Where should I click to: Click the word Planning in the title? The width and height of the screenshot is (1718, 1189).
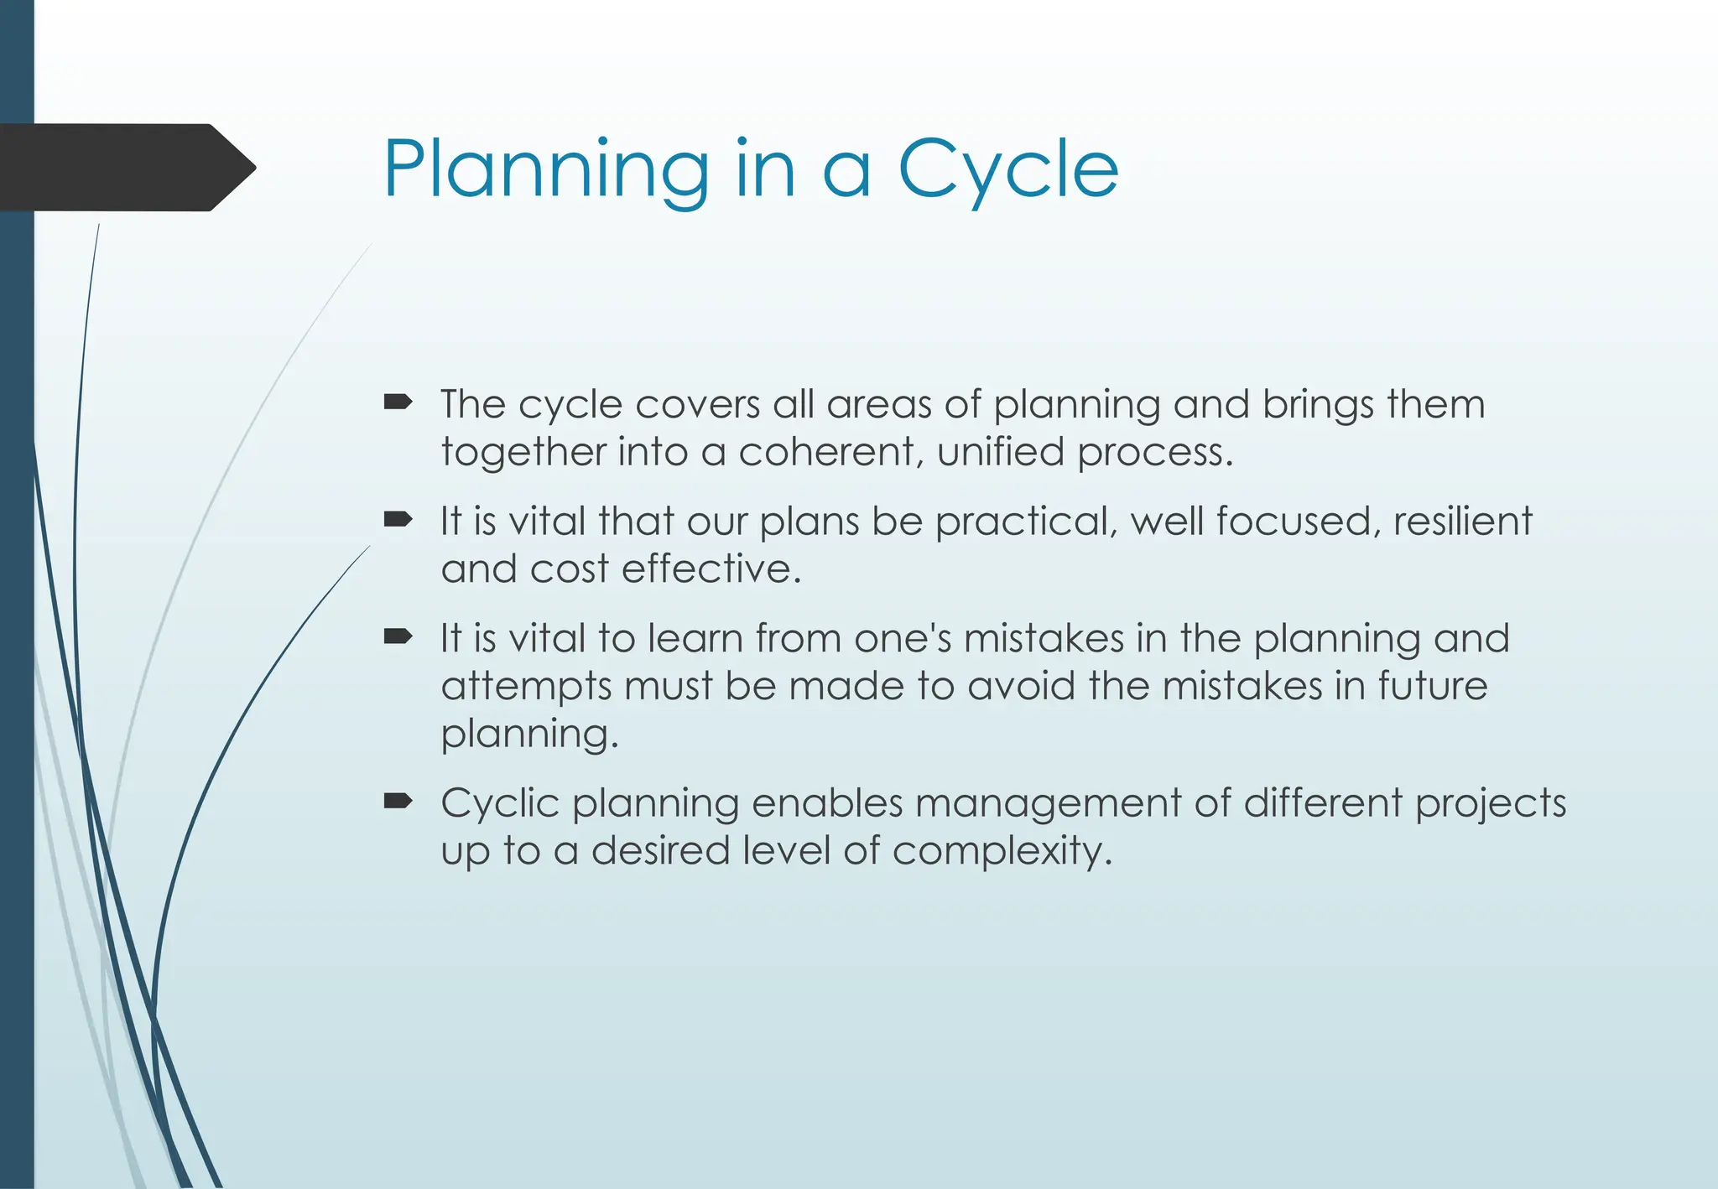tap(546, 169)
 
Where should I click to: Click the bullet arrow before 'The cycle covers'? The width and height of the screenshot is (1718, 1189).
tap(398, 403)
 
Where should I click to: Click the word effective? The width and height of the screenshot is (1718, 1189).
tap(711, 569)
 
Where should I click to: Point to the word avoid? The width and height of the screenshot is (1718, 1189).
tap(1021, 687)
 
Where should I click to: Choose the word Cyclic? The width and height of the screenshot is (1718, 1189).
tap(500, 803)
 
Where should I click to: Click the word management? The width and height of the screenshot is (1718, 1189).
tap(1048, 803)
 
